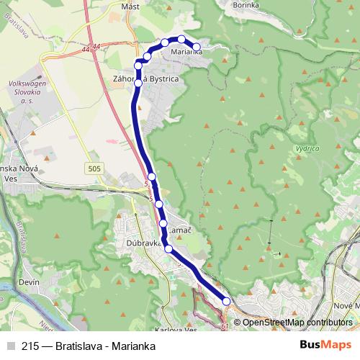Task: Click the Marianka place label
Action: click(186, 53)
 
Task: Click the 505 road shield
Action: click(96, 168)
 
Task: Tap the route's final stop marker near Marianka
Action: click(197, 48)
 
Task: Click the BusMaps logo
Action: click(325, 346)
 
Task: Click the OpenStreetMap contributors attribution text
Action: click(297, 322)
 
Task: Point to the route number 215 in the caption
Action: click(30, 346)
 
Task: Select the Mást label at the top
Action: click(130, 6)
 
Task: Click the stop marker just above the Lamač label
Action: click(163, 223)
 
